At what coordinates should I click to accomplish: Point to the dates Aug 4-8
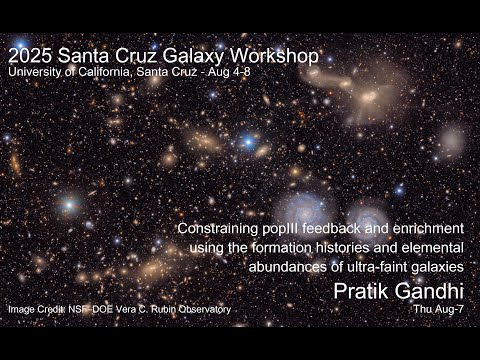(238, 73)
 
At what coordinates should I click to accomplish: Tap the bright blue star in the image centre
(247, 142)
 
